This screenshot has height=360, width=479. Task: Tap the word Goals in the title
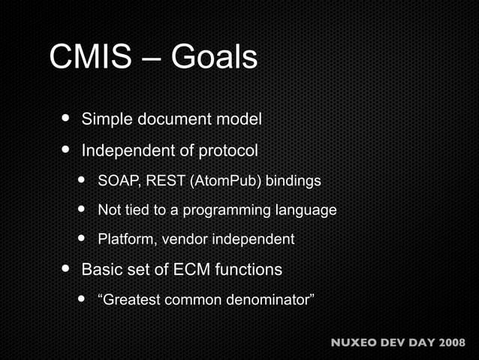[215, 57]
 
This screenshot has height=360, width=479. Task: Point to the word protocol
[228, 151]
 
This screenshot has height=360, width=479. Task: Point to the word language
[308, 210]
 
